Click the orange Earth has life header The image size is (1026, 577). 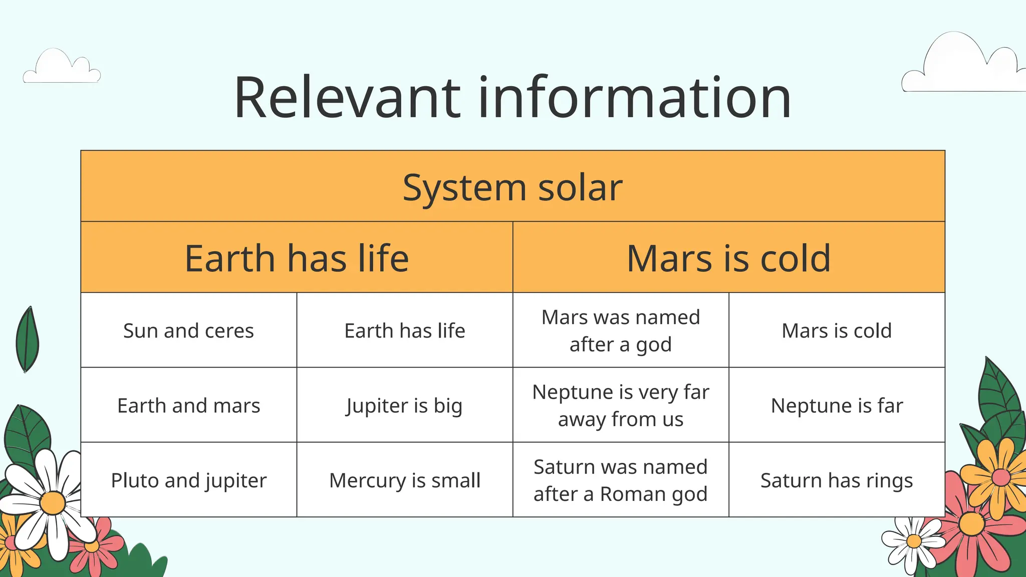[297, 258]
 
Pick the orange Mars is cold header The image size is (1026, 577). [728, 258]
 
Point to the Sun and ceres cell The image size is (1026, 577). [188, 331]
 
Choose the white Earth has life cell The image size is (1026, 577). [405, 331]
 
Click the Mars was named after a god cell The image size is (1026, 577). [621, 331]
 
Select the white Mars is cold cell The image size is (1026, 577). [837, 331]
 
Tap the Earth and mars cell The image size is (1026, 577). [188, 405]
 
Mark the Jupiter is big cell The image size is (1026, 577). [405, 405]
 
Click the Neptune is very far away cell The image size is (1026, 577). [621, 405]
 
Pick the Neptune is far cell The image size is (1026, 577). [837, 405]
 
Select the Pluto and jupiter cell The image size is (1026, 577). [188, 480]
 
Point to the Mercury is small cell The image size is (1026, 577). [405, 480]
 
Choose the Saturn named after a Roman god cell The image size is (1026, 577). [621, 480]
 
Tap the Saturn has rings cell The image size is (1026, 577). [837, 480]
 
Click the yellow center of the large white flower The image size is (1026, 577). [53, 502]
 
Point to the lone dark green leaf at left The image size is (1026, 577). [28, 340]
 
